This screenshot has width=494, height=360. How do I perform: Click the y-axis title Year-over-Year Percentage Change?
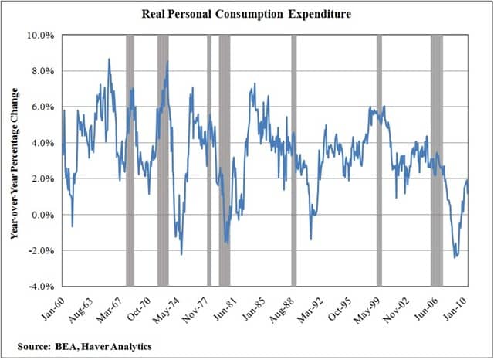[x=15, y=160]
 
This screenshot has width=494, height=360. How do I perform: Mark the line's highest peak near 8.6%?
[x=109, y=59]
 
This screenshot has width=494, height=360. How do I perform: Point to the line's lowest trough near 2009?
[x=455, y=257]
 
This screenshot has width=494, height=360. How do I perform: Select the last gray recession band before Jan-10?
[x=437, y=161]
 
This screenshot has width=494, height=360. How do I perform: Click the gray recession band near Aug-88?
[x=293, y=161]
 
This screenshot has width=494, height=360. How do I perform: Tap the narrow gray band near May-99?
[x=379, y=161]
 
